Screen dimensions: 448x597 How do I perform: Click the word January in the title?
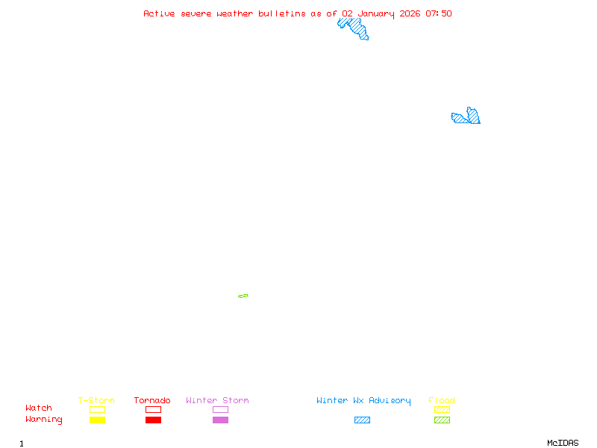tap(375, 13)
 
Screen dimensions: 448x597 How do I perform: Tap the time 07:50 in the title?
tap(439, 13)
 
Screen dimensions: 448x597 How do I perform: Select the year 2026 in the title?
tap(410, 13)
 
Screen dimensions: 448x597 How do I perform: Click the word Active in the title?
tap(160, 13)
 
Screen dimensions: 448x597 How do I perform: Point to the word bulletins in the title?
tap(282, 13)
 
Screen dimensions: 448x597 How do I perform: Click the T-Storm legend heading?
tap(96, 401)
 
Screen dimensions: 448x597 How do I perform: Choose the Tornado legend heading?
tap(152, 401)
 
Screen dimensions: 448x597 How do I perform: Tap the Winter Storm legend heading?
tap(217, 401)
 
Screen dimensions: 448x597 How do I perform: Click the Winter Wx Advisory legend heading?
tap(363, 401)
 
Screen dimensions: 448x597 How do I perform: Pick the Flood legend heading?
tap(442, 401)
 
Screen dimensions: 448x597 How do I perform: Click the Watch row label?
tap(39, 408)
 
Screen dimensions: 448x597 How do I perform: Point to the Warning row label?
tap(44, 420)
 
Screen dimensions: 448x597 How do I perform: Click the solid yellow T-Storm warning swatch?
tap(97, 420)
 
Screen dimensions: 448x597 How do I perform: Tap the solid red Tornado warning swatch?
tap(153, 420)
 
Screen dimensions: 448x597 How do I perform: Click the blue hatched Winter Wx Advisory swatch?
tap(362, 420)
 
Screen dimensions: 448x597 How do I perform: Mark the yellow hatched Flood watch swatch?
tap(442, 409)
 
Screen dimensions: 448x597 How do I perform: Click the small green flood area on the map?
tap(243, 296)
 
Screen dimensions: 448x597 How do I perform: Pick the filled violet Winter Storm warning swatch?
tap(220, 420)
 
